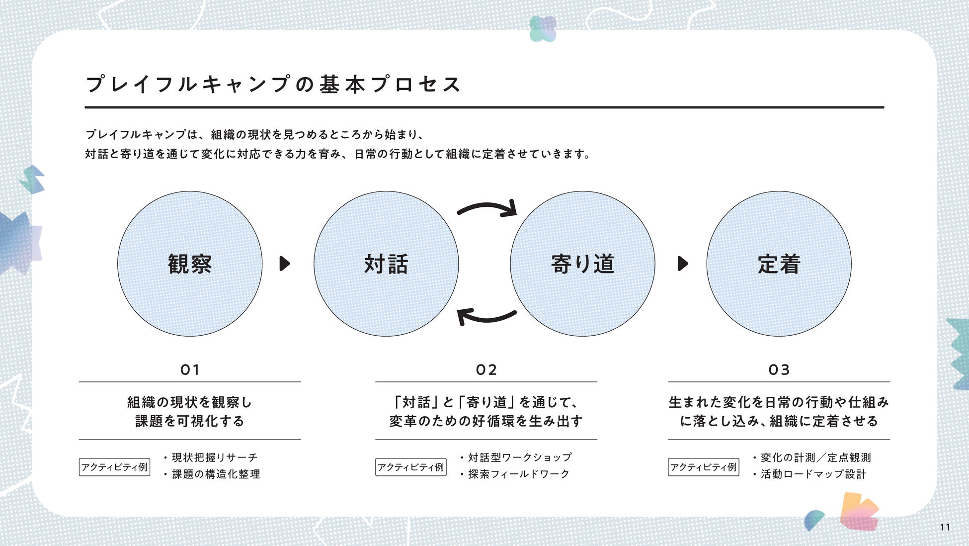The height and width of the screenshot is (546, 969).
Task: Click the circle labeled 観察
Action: [190, 264]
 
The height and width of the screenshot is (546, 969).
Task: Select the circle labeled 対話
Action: [386, 264]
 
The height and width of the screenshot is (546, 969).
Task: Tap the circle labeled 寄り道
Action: [582, 264]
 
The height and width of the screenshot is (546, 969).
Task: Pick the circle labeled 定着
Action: [779, 264]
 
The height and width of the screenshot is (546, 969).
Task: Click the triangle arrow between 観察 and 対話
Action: [285, 264]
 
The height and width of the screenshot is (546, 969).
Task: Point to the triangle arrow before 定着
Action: [683, 264]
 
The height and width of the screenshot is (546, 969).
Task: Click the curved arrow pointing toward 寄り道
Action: [488, 206]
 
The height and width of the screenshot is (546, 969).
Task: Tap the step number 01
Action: [190, 370]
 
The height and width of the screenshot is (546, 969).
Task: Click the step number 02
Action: [486, 370]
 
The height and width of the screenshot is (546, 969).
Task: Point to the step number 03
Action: [779, 370]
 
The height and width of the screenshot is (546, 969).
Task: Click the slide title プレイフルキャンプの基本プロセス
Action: [273, 84]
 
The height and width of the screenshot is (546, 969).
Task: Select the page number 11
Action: [945, 527]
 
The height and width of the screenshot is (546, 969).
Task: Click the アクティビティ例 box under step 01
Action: [114, 467]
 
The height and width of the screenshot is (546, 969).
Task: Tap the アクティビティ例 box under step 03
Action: [703, 467]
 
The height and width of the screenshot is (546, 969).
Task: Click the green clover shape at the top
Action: [543, 28]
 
